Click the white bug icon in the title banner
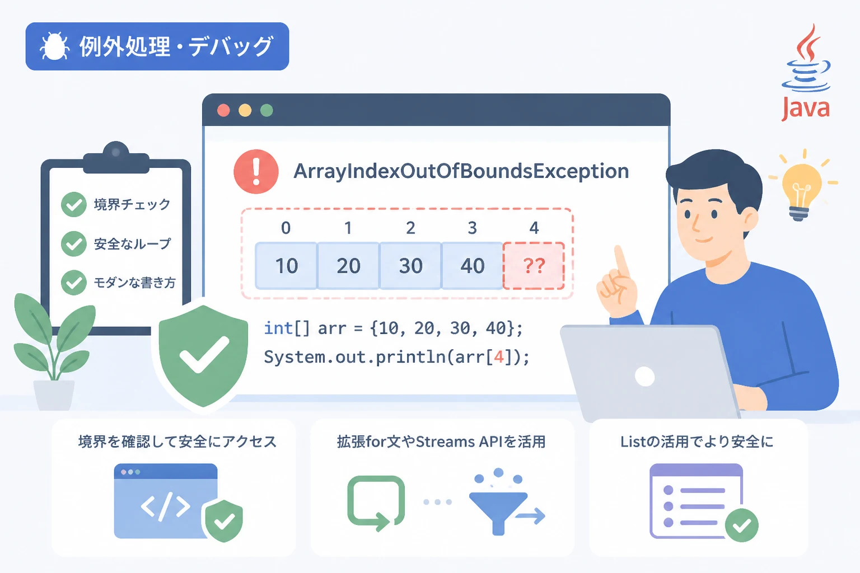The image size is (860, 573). tap(54, 46)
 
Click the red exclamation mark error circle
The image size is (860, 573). tap(256, 171)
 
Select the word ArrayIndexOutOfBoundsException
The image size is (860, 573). tap(461, 171)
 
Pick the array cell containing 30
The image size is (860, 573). tap(410, 266)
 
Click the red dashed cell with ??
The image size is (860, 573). tap(534, 266)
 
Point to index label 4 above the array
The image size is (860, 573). tap(534, 228)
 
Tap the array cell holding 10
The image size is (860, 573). tap(287, 266)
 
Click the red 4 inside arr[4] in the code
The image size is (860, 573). tap(499, 358)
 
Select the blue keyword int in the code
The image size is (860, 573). tap(278, 328)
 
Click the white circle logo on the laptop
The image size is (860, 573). tap(645, 377)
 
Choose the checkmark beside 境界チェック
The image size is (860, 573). tap(74, 205)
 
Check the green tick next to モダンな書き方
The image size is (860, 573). tap(74, 283)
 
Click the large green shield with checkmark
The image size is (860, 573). tap(203, 355)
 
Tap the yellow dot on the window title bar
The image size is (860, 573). tap(245, 111)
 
